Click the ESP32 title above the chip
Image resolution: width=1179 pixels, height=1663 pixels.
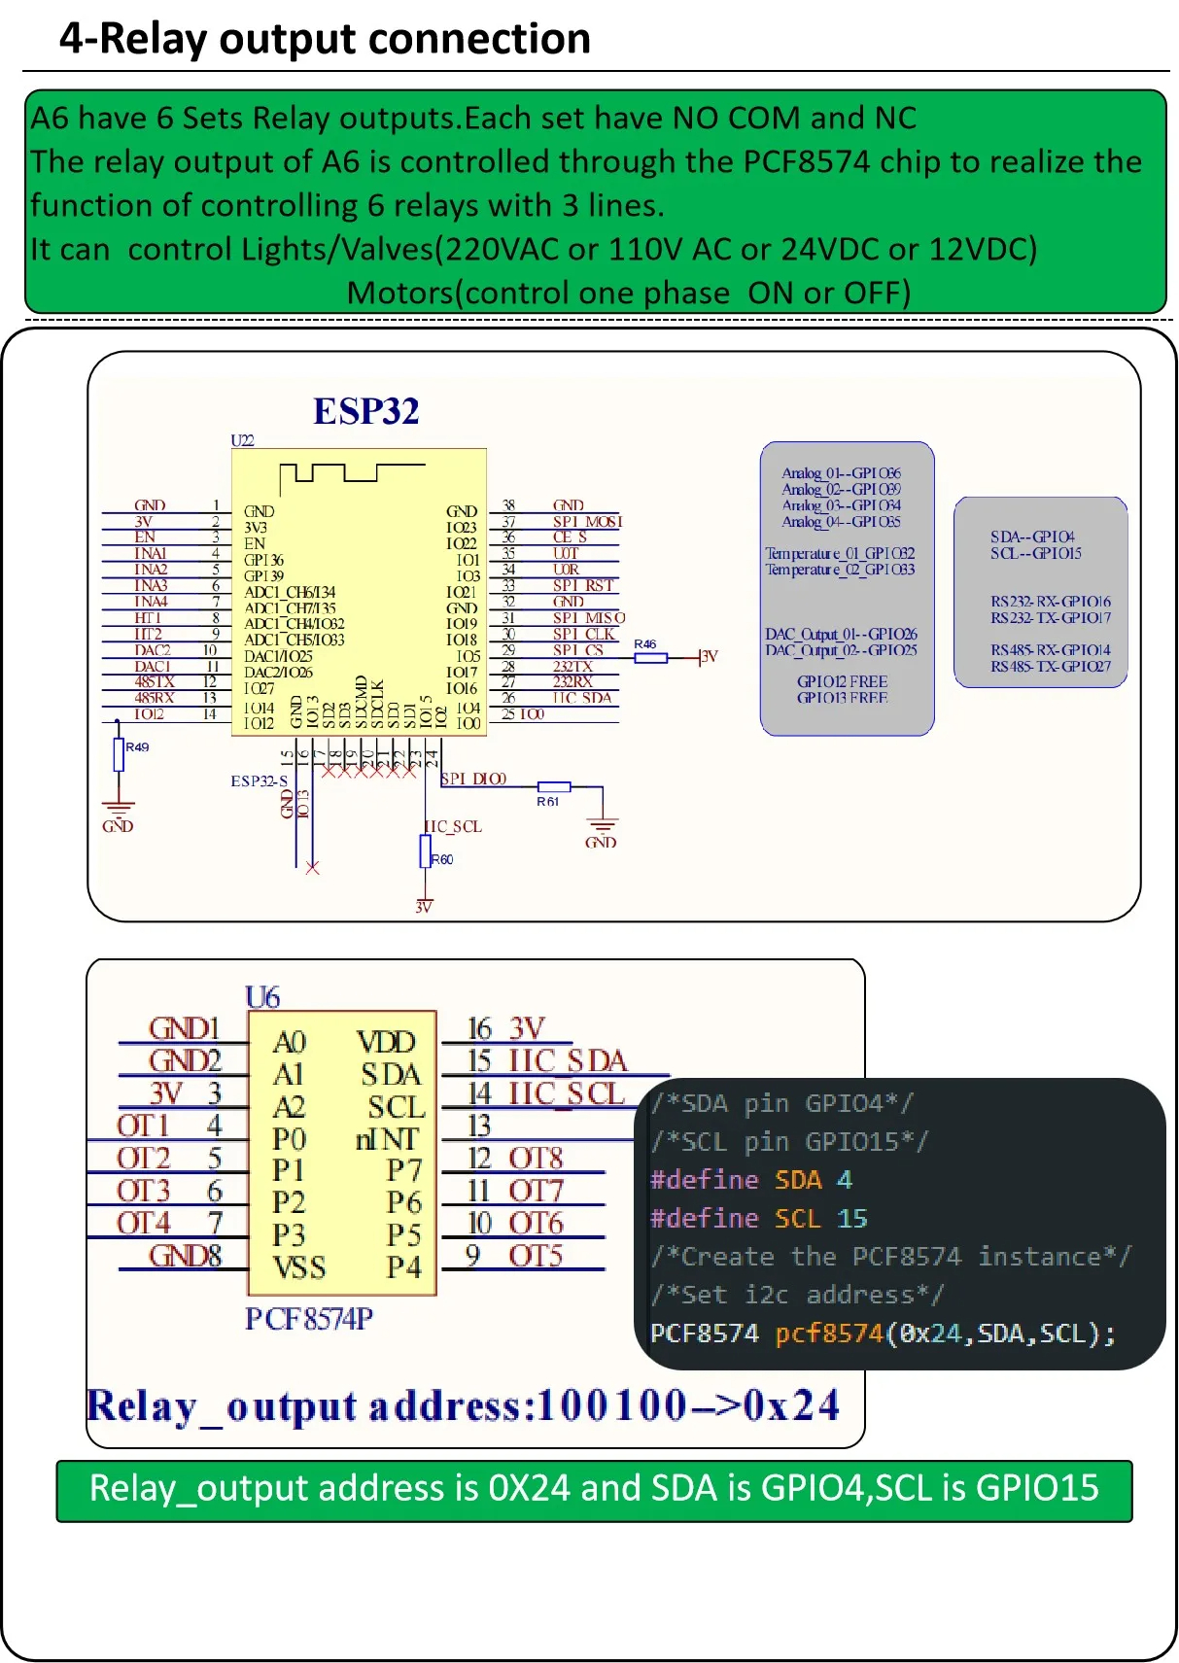point(365,411)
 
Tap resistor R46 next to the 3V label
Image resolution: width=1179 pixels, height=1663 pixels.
point(650,658)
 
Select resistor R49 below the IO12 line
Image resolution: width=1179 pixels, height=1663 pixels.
point(119,754)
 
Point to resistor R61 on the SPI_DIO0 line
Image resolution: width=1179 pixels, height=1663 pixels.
point(553,787)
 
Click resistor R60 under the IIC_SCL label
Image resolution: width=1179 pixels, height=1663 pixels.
point(425,851)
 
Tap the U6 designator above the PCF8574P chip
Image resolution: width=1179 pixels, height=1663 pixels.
point(262,997)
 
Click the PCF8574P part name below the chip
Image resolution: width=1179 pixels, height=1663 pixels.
point(309,1319)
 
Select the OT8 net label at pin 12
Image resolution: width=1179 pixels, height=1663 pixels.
point(536,1158)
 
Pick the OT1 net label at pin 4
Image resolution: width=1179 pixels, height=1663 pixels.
point(143,1126)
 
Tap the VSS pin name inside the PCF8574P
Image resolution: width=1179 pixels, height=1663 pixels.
point(298,1267)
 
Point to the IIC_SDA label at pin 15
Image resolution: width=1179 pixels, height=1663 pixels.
point(568,1060)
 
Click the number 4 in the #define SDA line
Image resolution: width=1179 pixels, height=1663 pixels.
point(844,1180)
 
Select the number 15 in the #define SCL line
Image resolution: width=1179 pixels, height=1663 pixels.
point(851,1219)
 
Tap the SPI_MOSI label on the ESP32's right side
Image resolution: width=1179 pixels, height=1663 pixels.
point(587,522)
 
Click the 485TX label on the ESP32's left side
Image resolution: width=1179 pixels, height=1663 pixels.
point(154,682)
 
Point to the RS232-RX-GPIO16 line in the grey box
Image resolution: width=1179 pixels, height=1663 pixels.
point(1050,602)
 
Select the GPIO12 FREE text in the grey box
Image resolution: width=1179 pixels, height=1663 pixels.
point(842,682)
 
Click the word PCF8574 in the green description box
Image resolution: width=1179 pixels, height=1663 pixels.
point(806,161)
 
